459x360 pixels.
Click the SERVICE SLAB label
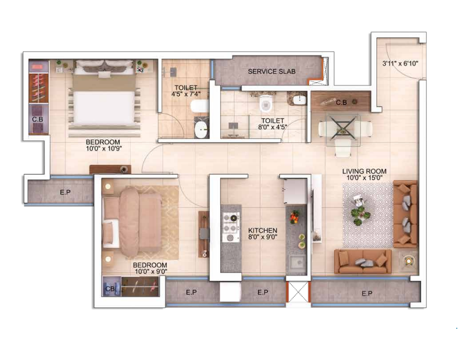point(271,71)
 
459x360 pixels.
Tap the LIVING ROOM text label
point(364,172)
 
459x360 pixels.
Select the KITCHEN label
point(263,230)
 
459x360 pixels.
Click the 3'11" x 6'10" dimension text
point(400,63)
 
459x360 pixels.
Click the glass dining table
point(343,129)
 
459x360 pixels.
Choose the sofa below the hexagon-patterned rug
point(363,261)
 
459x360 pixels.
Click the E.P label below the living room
point(366,293)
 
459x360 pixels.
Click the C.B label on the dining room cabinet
point(341,102)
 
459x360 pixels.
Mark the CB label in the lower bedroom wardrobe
point(110,288)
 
